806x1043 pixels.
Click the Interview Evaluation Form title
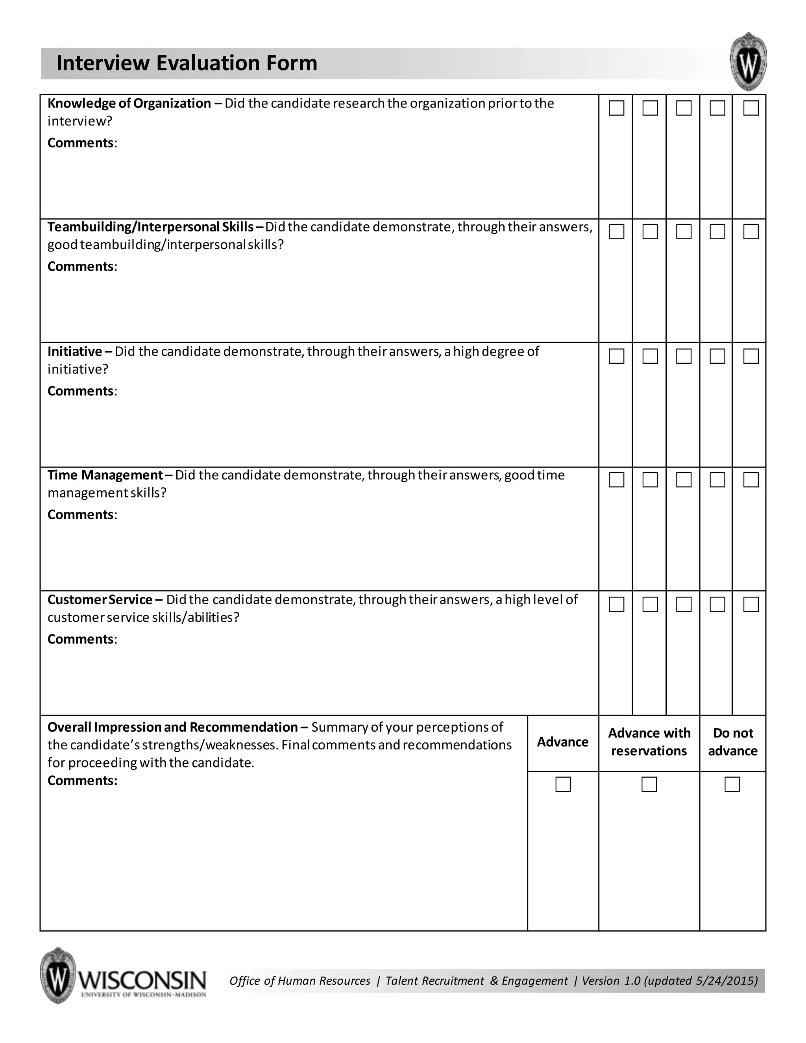[187, 63]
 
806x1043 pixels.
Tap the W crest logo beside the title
[748, 63]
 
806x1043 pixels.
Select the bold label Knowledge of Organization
[129, 104]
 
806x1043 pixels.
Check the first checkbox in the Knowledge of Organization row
[616, 108]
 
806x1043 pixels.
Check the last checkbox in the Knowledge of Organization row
[751, 108]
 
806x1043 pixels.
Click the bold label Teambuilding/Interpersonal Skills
[150, 227]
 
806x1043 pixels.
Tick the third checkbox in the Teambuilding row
[684, 231]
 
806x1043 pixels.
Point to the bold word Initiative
[74, 351]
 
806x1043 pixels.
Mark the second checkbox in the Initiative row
[650, 356]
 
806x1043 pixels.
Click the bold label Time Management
[105, 475]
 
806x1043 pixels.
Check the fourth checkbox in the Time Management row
[717, 480]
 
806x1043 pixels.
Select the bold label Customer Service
[100, 600]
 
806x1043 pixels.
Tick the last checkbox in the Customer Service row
[751, 605]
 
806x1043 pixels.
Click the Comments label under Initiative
[81, 391]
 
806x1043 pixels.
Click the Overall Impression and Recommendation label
[172, 727]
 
